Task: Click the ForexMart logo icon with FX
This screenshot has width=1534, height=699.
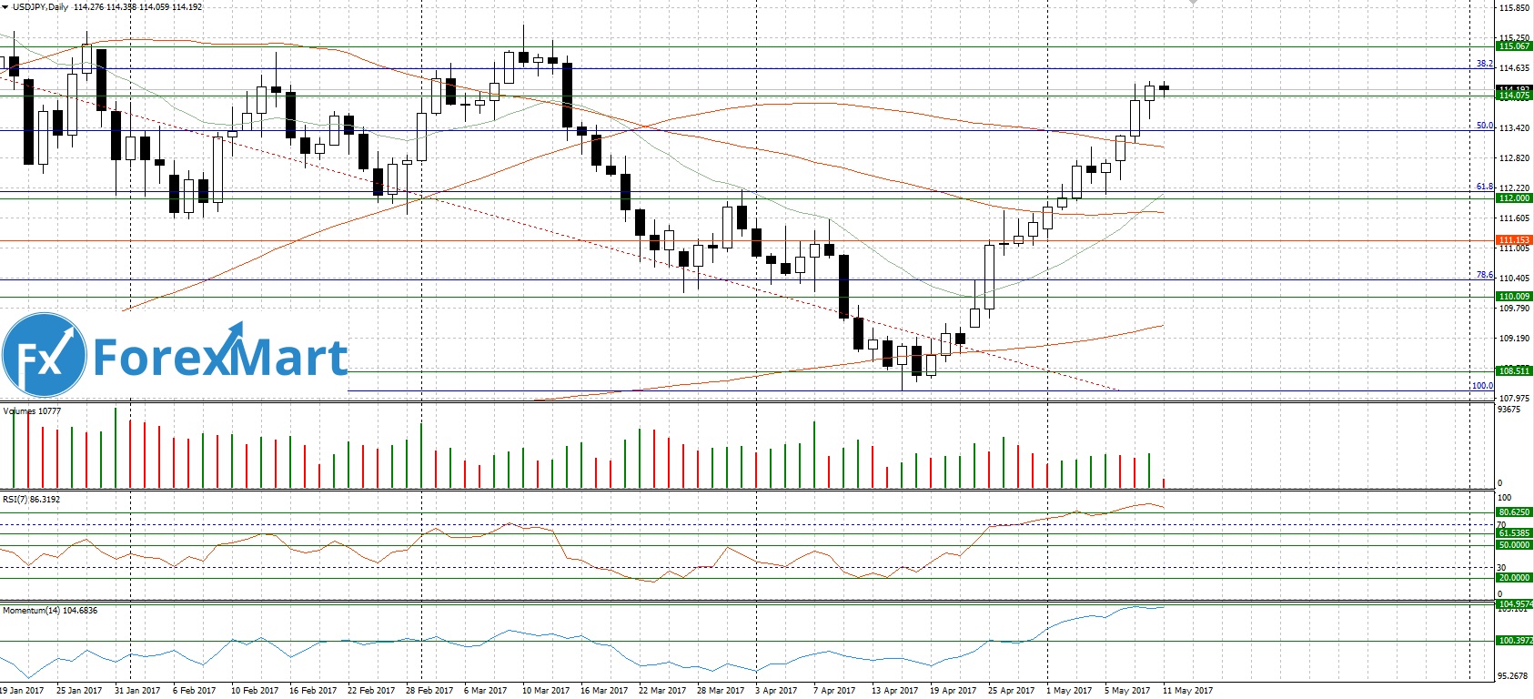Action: point(44,356)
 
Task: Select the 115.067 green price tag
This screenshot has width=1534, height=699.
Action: point(1514,46)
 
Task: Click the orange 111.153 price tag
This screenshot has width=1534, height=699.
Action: point(1514,240)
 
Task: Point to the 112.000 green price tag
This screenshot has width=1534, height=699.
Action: point(1514,198)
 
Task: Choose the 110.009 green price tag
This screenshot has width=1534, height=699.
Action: point(1514,297)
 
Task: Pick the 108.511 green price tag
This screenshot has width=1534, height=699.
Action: point(1514,371)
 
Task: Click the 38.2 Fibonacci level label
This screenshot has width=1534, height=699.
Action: point(1485,64)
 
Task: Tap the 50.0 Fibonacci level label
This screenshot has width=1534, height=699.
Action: point(1485,126)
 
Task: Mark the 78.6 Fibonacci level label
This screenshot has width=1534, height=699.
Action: point(1485,275)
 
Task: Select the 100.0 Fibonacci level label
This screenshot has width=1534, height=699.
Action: point(1482,386)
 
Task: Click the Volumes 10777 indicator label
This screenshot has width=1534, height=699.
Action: point(32,411)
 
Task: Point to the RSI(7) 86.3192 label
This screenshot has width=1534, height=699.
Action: point(31,500)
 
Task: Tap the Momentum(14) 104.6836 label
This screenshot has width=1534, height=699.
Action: point(50,611)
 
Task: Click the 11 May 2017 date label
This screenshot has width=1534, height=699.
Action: point(1187,691)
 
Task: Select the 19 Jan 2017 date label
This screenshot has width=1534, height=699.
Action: point(22,691)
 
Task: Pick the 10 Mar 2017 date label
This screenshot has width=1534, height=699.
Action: point(547,691)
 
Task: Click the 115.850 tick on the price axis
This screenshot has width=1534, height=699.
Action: point(1514,8)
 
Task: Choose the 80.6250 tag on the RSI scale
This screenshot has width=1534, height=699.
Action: point(1514,512)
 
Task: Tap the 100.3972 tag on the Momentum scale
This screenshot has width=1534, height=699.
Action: point(1514,641)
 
